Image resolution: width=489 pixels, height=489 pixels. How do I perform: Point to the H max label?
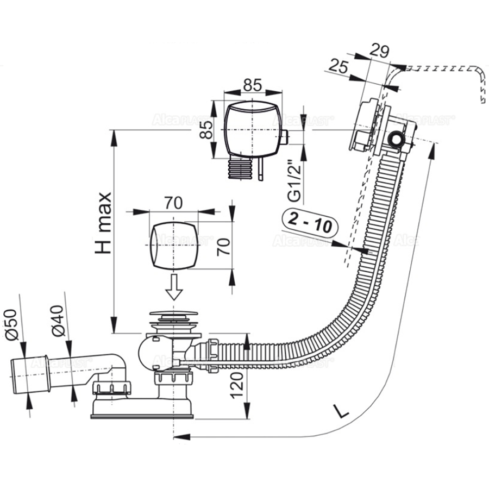point(103,223)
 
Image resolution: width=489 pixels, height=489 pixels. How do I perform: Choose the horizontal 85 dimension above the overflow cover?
point(252,85)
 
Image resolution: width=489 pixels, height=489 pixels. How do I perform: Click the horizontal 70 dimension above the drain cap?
point(173,203)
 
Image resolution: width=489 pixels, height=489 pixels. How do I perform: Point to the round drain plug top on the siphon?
point(174,315)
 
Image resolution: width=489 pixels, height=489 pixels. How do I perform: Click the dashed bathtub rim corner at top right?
point(478,73)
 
